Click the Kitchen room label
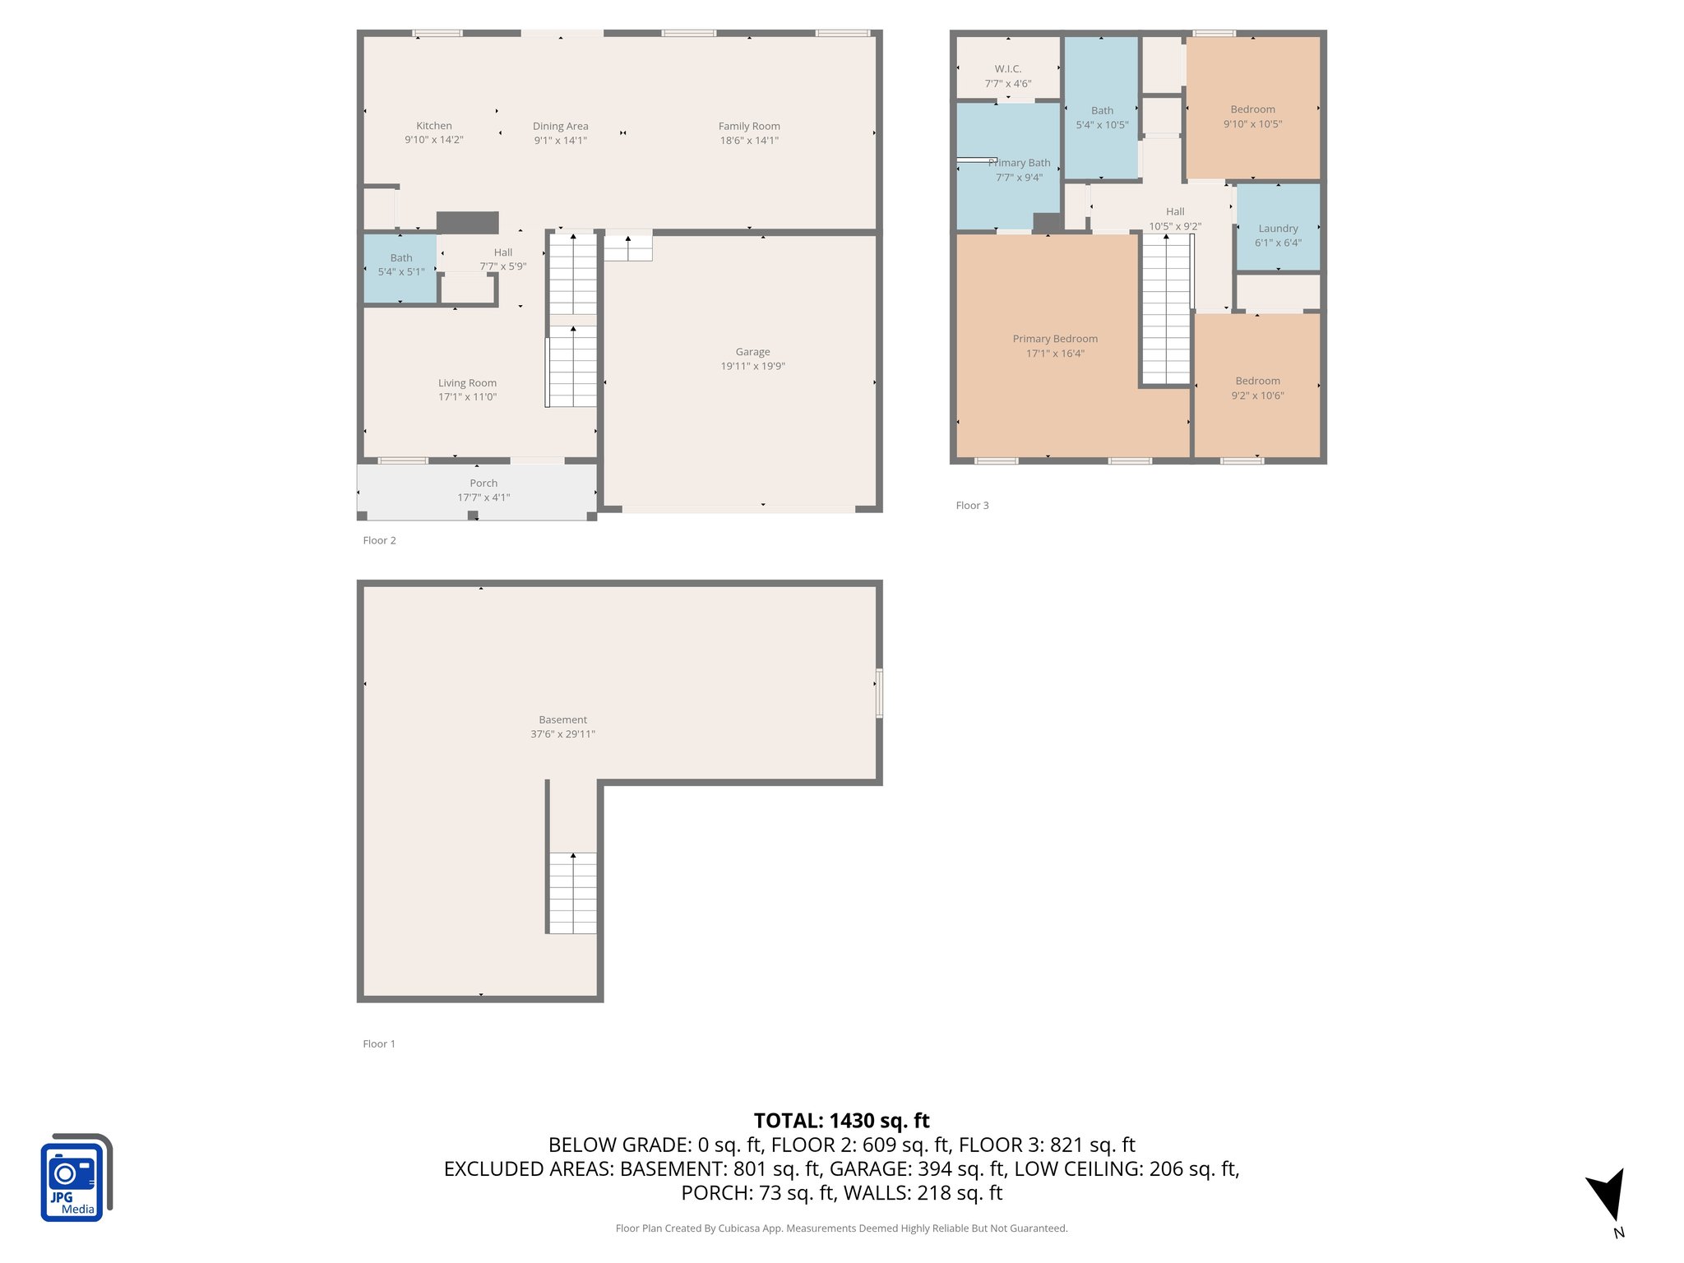433,126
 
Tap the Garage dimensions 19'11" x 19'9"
752,366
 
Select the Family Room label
748,126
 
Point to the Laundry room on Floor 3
1278,234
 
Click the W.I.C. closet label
1007,69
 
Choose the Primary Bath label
1020,163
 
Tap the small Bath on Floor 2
400,265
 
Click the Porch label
483,483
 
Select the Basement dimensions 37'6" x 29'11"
562,734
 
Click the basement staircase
572,892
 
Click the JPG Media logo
76,1177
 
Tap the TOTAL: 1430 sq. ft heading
841,1121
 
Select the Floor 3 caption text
972,506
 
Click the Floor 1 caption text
379,1043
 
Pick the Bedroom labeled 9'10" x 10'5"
1252,117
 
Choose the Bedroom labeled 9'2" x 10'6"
1257,388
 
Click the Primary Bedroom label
1055,339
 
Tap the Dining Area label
560,126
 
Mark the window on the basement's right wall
879,693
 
